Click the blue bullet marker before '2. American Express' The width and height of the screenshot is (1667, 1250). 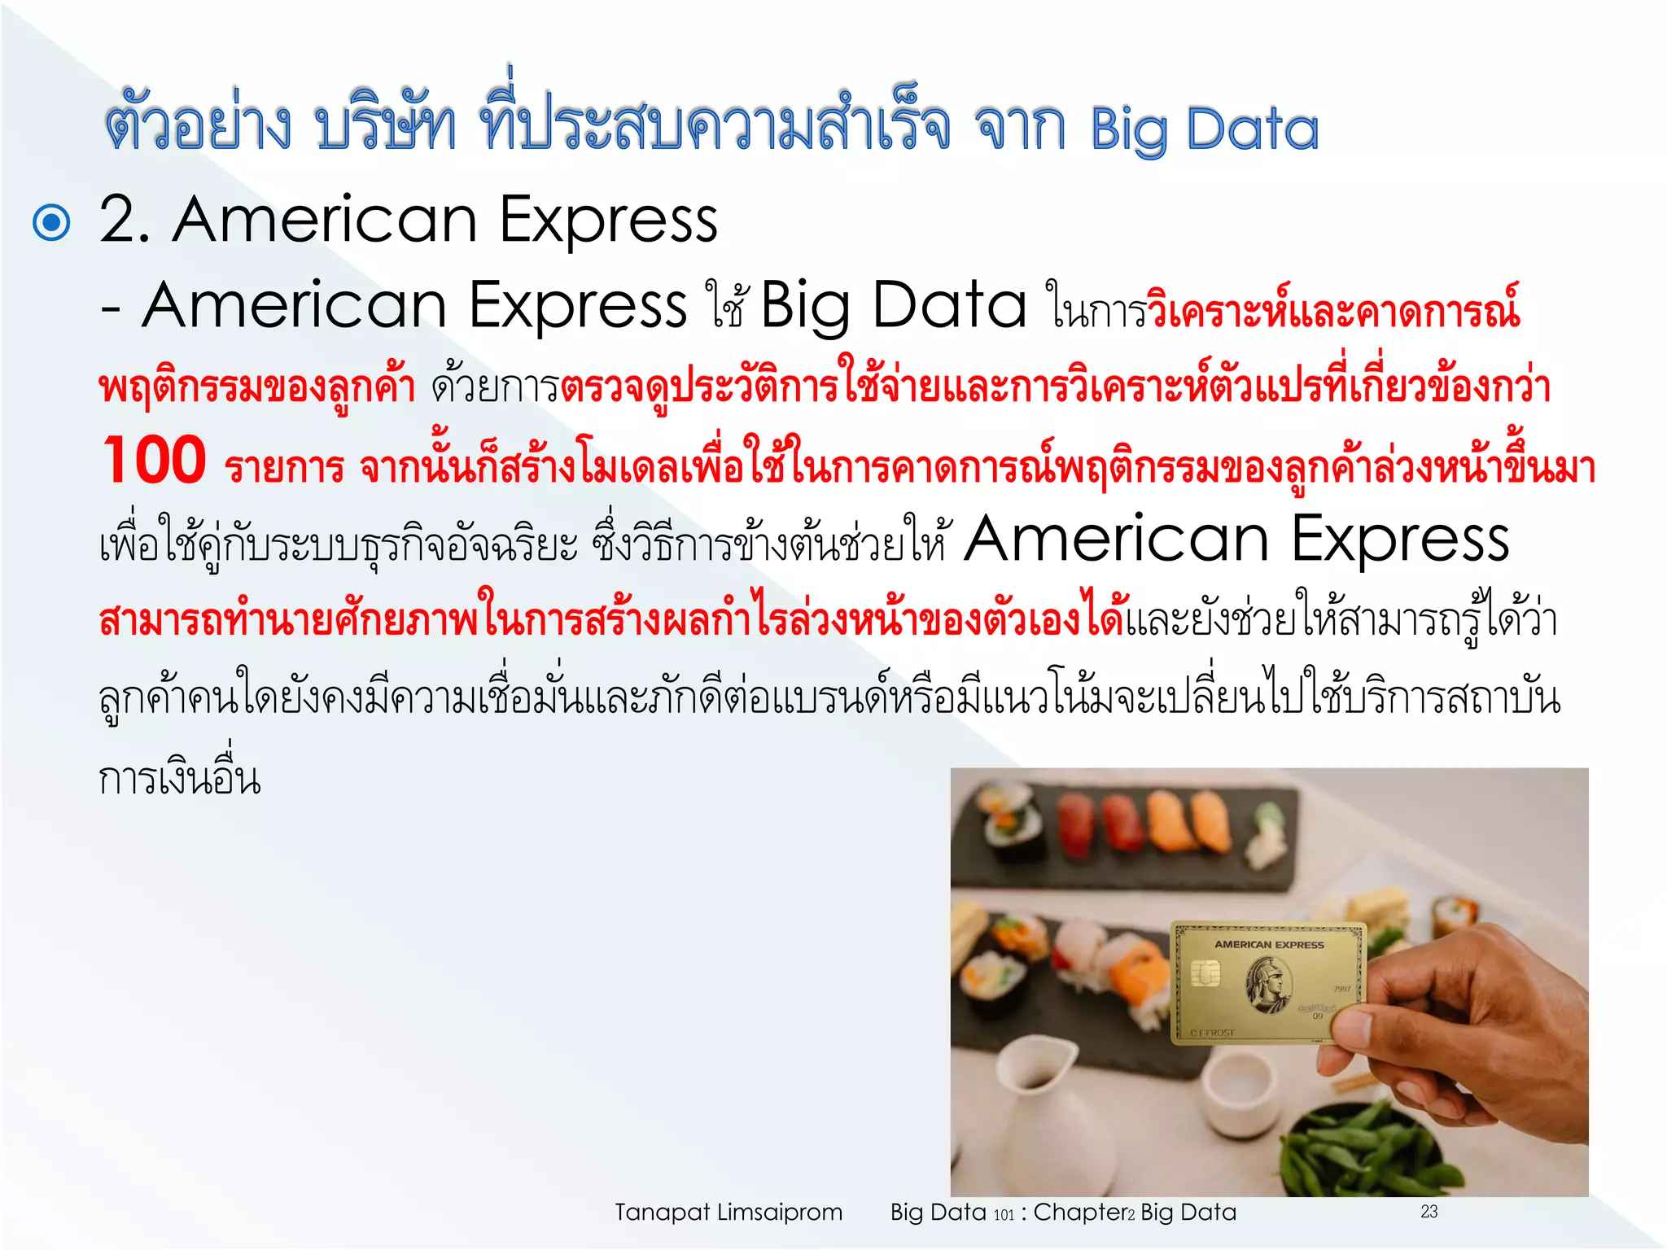click(x=51, y=222)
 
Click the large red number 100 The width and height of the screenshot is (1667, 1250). click(x=155, y=461)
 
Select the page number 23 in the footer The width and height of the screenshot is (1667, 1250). click(x=1429, y=1212)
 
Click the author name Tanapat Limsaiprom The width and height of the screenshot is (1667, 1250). click(x=728, y=1213)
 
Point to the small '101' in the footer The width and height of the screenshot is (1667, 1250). click(x=1004, y=1215)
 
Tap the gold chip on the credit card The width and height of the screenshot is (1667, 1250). click(x=1205, y=972)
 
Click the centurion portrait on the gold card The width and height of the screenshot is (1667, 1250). click(x=1268, y=984)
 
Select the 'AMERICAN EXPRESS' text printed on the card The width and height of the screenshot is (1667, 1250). click(x=1269, y=945)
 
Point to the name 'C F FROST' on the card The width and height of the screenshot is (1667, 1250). click(x=1212, y=1033)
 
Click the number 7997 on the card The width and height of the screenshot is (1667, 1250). click(x=1341, y=989)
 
